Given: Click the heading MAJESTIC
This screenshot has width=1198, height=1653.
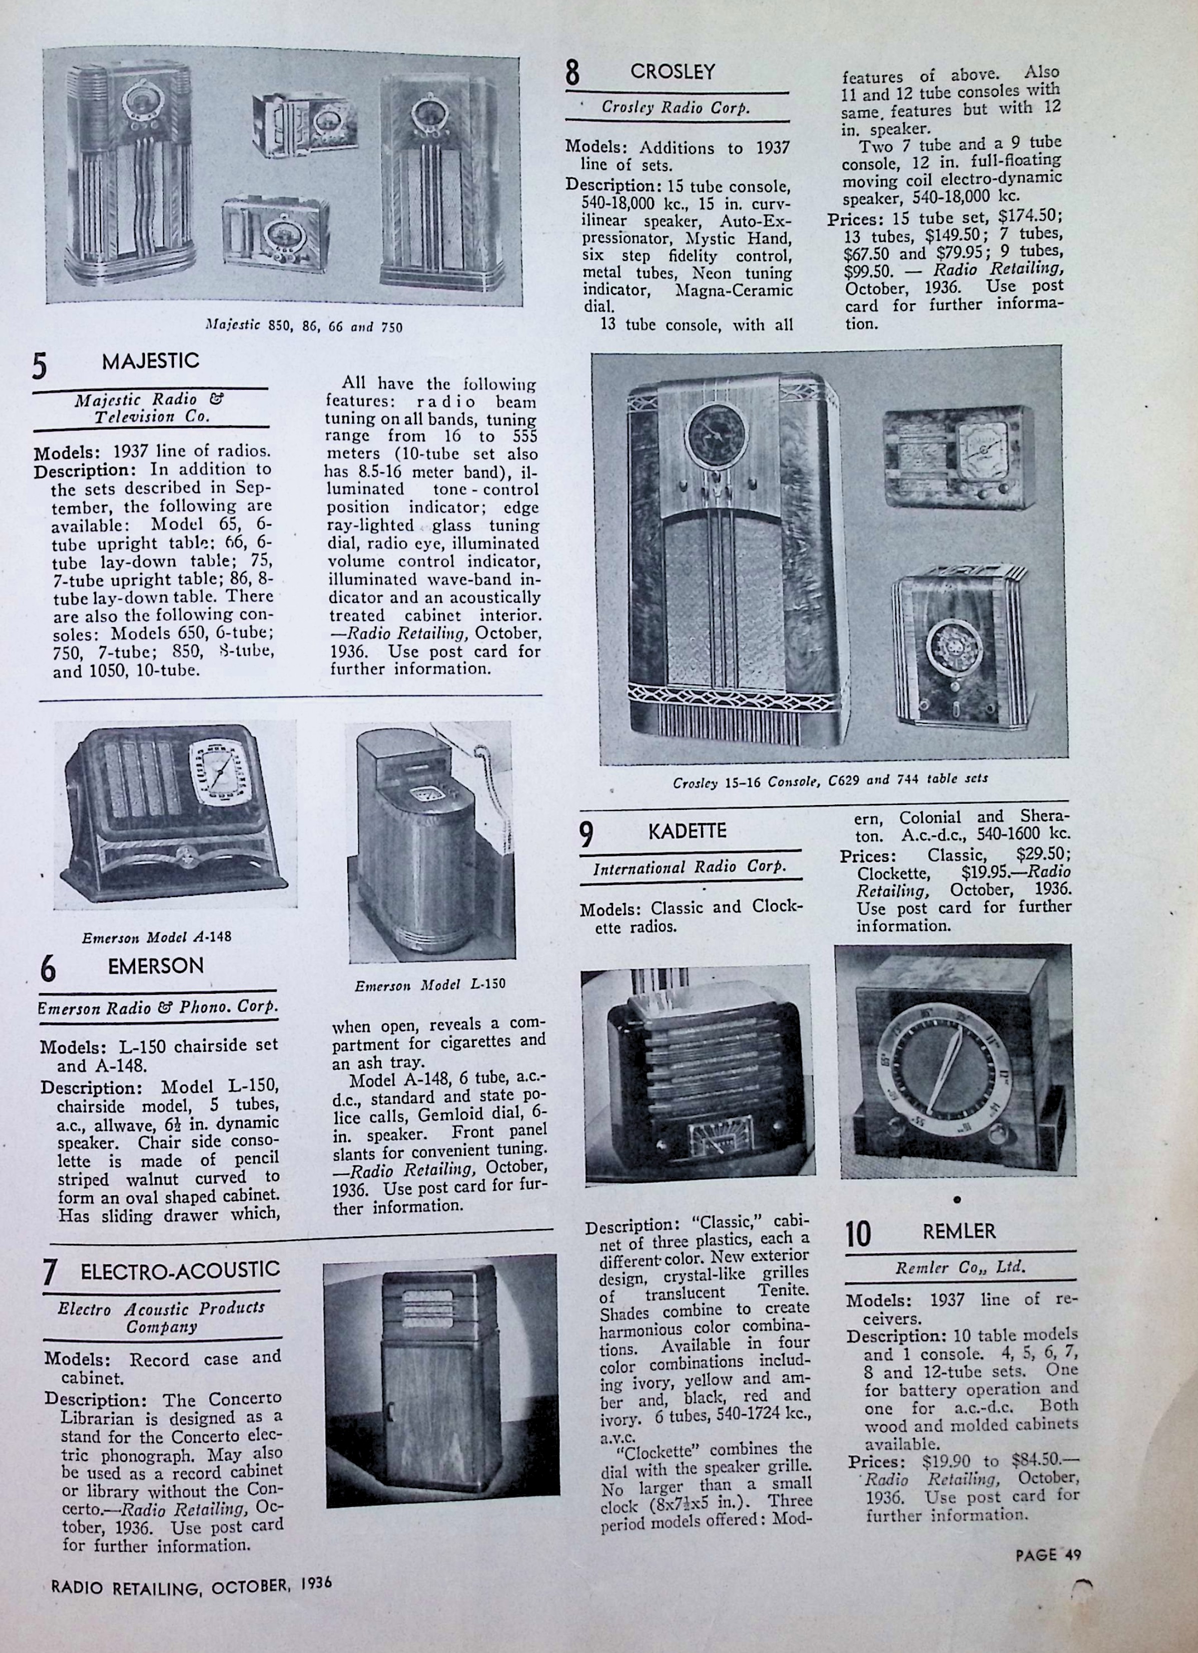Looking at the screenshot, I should pos(150,361).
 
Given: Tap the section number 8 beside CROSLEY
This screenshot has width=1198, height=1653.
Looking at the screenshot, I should pos(573,73).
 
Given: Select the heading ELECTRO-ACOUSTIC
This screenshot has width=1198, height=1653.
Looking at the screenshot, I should pos(180,1270).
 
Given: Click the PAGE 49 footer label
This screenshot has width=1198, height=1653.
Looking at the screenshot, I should pos(1048,1554).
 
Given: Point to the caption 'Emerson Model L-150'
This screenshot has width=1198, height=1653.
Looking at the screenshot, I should pos(430,985).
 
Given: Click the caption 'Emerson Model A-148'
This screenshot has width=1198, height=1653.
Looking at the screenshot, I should pos(157,937).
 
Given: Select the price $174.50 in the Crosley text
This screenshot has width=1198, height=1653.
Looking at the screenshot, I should pos(1032,218).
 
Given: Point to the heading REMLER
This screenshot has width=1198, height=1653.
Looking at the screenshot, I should pos(958,1231).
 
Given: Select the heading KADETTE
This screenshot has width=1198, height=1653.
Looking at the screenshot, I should pos(687,832).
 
